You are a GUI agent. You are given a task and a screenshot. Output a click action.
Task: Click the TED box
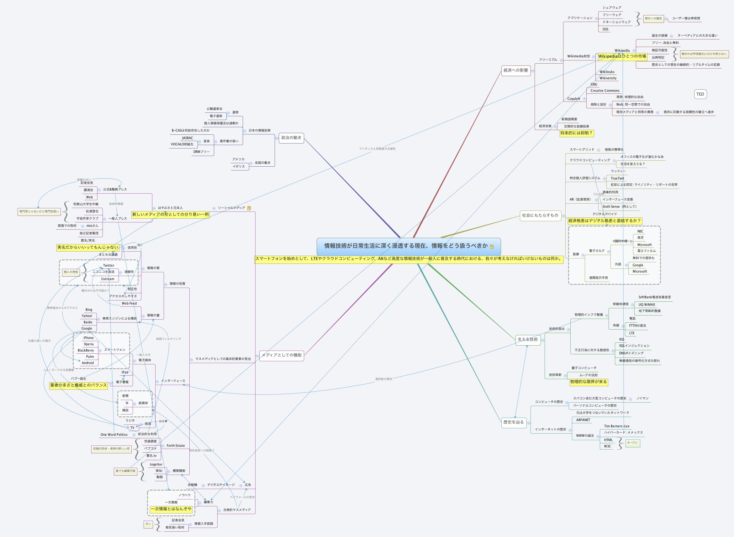(x=700, y=94)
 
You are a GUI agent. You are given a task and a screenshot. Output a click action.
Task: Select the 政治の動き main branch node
(x=291, y=138)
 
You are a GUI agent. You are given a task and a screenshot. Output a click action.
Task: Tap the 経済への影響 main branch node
(x=516, y=70)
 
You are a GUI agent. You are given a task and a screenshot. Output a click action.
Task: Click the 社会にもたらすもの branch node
(x=540, y=215)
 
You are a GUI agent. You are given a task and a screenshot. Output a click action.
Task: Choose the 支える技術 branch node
(x=527, y=339)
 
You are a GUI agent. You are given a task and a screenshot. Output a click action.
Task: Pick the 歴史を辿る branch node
(x=514, y=422)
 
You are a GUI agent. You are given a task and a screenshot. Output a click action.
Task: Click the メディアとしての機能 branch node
(x=282, y=355)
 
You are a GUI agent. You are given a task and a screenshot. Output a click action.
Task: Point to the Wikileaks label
(x=607, y=72)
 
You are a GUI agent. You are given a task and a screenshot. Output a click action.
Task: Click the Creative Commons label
(x=605, y=91)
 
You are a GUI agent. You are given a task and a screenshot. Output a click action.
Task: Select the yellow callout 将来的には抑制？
(x=576, y=133)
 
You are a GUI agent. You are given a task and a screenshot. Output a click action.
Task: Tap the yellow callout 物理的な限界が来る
(x=589, y=382)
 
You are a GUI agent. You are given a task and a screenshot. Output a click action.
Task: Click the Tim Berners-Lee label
(x=617, y=426)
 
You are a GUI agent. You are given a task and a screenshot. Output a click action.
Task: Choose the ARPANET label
(x=583, y=420)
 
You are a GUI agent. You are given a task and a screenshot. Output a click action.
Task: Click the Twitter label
(x=108, y=266)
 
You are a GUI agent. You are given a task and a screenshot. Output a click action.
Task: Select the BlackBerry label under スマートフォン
(x=86, y=350)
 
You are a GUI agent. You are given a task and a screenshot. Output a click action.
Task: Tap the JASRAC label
(x=187, y=138)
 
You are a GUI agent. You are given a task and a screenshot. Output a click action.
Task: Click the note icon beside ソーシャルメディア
(x=249, y=208)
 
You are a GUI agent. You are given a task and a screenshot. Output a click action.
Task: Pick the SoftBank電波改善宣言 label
(x=654, y=297)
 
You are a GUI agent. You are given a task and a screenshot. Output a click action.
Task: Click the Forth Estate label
(x=176, y=446)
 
